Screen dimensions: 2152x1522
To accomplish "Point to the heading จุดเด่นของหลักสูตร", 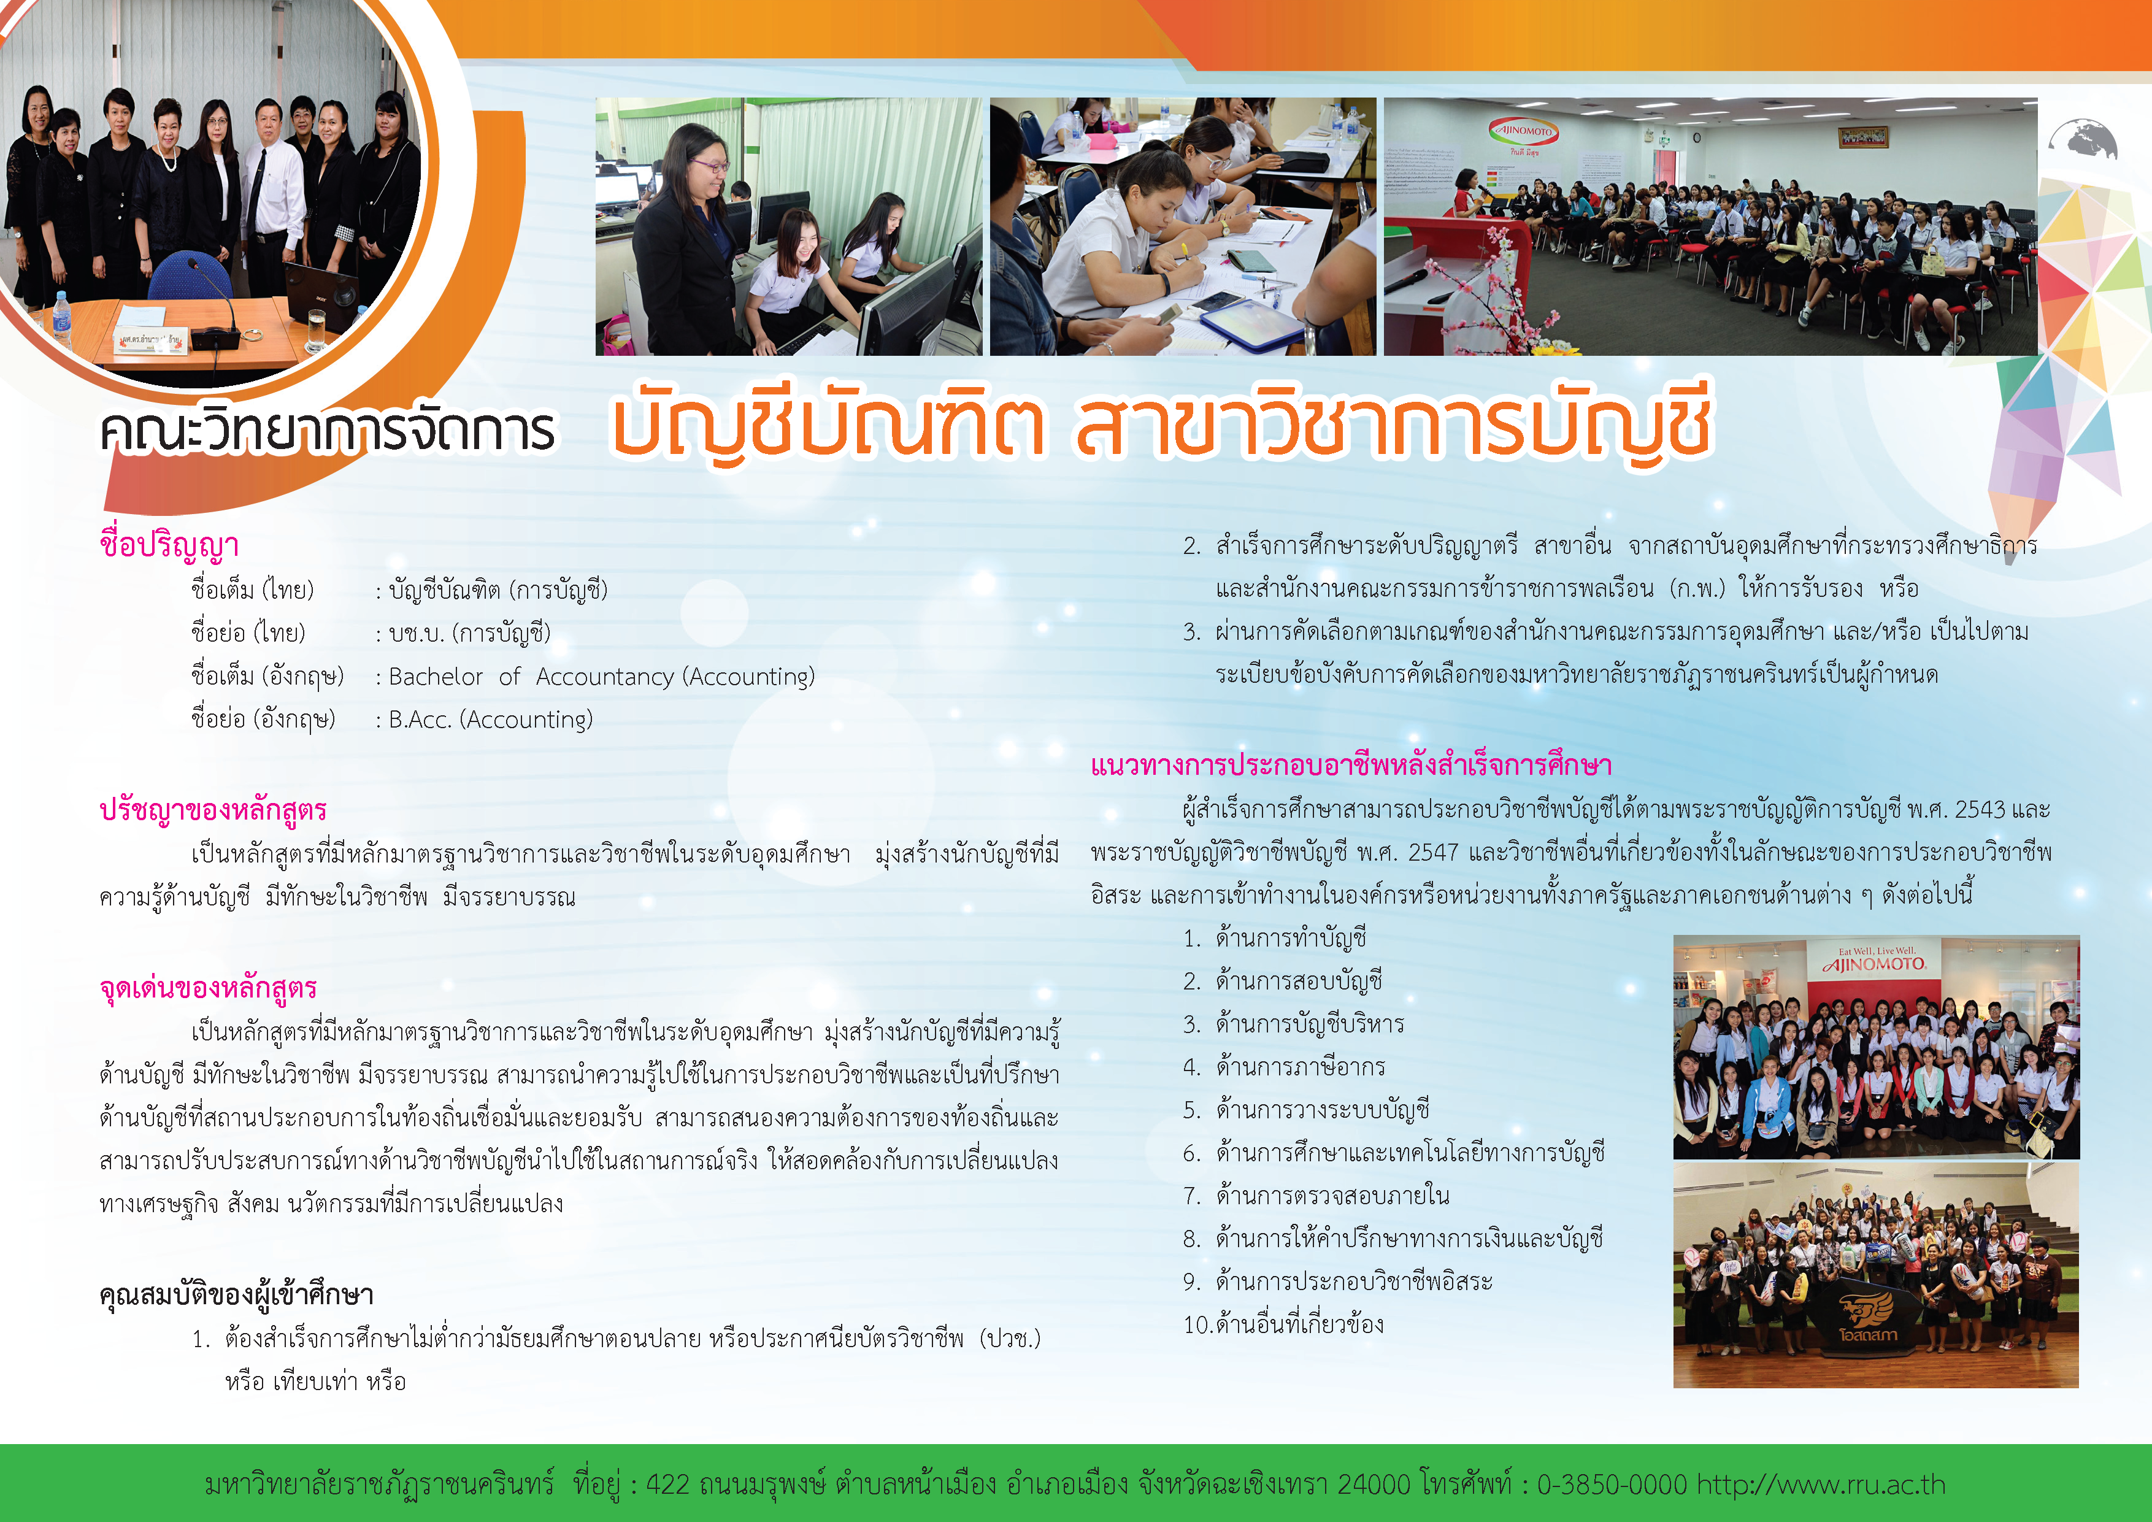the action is pyautogui.click(x=208, y=988).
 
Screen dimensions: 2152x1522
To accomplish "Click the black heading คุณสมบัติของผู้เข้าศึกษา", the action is pyautogui.click(x=236, y=1295).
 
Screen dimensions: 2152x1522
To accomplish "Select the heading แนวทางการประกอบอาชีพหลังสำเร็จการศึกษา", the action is pyautogui.click(x=1351, y=766).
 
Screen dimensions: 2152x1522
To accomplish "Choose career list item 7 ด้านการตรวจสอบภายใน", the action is pyautogui.click(x=1332, y=1196).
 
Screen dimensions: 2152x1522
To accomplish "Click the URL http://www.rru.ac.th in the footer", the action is pyautogui.click(x=1821, y=1485).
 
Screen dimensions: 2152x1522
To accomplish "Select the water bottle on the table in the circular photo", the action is pyautogui.click(x=62, y=318).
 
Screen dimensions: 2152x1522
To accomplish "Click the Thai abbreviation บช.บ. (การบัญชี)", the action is pyautogui.click(x=469, y=632).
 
